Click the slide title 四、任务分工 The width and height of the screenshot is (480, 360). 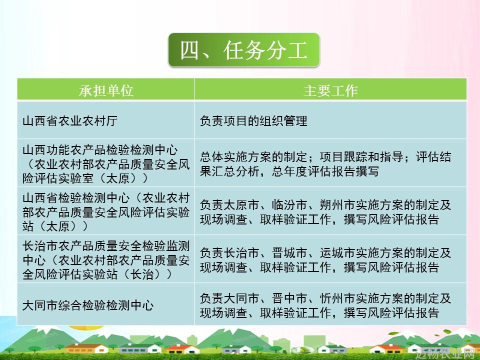(x=243, y=50)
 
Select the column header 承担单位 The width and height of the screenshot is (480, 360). (x=106, y=90)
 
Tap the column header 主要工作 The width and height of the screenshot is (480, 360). (x=330, y=90)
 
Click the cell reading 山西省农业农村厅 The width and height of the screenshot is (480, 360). (x=70, y=121)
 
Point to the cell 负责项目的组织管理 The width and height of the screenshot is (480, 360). (x=253, y=121)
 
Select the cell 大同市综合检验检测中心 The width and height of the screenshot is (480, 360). (x=88, y=305)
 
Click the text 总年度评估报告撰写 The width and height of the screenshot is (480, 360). (x=325, y=171)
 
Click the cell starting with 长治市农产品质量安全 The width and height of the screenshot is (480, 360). (x=106, y=260)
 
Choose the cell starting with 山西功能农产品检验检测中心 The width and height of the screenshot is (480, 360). (x=106, y=164)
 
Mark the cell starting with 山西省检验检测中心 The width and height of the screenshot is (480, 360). (x=106, y=212)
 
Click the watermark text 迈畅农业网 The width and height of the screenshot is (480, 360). (x=447, y=353)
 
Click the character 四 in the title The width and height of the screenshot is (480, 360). (x=190, y=50)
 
